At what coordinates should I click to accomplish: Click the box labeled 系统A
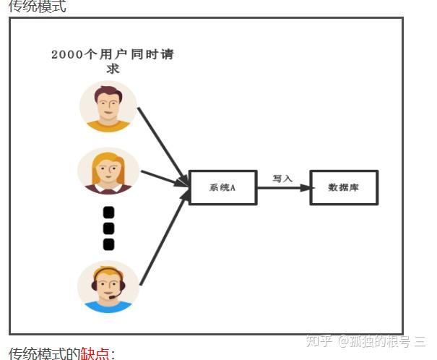click(x=222, y=188)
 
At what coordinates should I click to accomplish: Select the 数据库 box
click(x=344, y=188)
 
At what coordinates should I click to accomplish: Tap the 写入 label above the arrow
click(x=282, y=178)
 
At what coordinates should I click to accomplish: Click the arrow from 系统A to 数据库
click(x=282, y=188)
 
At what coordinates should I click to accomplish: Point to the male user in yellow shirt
click(x=108, y=107)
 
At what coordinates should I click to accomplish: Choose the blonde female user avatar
click(x=108, y=171)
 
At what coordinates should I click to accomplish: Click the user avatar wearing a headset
click(x=108, y=286)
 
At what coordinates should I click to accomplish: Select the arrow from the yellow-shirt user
click(x=162, y=145)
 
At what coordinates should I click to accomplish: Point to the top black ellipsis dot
click(x=109, y=213)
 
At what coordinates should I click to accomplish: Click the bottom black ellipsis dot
click(x=109, y=244)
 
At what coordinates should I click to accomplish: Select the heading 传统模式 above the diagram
click(x=37, y=7)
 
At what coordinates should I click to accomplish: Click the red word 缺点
click(x=95, y=353)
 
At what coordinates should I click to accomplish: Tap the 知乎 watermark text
click(x=319, y=340)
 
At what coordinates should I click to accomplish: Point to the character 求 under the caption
click(x=113, y=69)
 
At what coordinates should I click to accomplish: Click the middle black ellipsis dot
click(x=109, y=228)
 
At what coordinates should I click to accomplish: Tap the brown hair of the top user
click(x=108, y=92)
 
